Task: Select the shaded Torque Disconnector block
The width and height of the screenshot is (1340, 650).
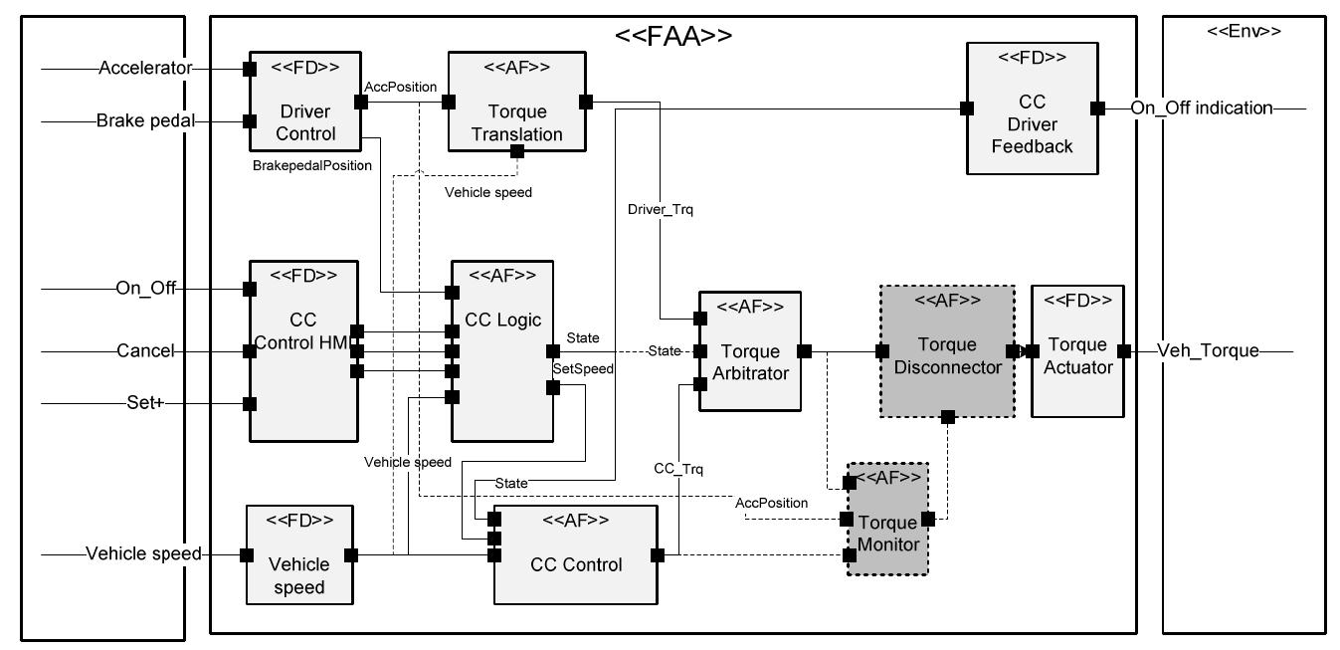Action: tap(945, 352)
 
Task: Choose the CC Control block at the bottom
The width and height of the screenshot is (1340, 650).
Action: tap(576, 563)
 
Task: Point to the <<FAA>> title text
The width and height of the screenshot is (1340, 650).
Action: tap(673, 36)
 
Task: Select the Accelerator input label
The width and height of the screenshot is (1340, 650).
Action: tap(144, 69)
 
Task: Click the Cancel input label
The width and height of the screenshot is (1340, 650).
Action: tap(145, 350)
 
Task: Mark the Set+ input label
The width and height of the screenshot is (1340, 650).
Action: tap(146, 403)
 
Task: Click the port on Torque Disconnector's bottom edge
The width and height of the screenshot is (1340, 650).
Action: tap(948, 417)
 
